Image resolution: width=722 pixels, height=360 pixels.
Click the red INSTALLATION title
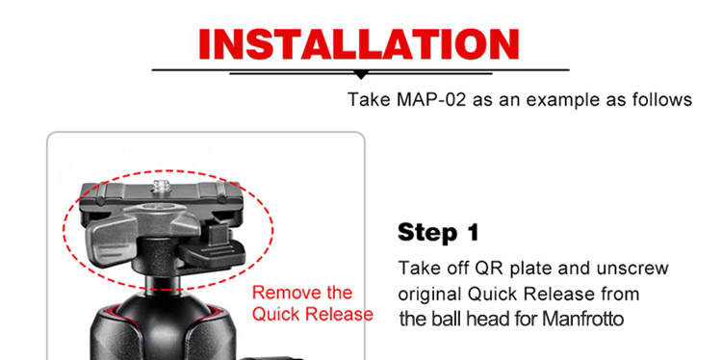click(x=359, y=44)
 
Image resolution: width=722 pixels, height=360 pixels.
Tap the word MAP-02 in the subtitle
click(x=430, y=99)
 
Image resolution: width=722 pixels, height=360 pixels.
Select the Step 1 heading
click(x=438, y=233)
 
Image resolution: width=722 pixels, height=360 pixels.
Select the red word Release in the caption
click(x=339, y=315)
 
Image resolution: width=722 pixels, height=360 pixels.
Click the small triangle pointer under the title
click(x=361, y=75)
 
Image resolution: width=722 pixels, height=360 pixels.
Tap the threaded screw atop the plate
click(x=161, y=187)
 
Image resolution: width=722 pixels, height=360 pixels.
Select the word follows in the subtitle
click(x=661, y=99)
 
